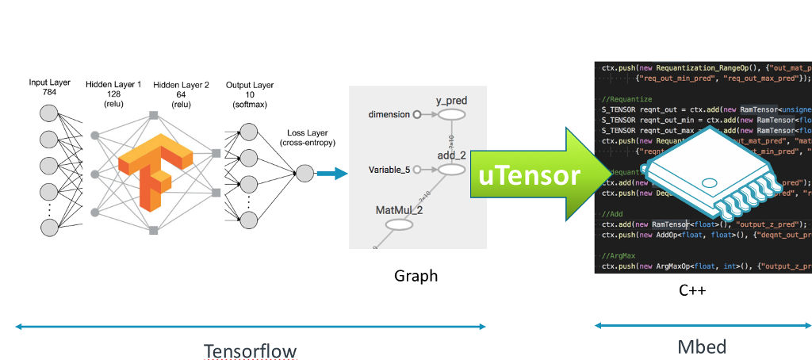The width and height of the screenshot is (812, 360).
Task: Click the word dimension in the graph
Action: point(388,115)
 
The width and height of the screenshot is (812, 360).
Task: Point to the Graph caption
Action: point(416,276)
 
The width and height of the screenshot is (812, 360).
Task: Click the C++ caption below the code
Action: point(691,290)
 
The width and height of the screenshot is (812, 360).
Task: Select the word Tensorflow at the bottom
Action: point(251,350)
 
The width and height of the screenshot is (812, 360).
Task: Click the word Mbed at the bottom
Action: point(701,347)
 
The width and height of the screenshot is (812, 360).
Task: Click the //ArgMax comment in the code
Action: point(619,256)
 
